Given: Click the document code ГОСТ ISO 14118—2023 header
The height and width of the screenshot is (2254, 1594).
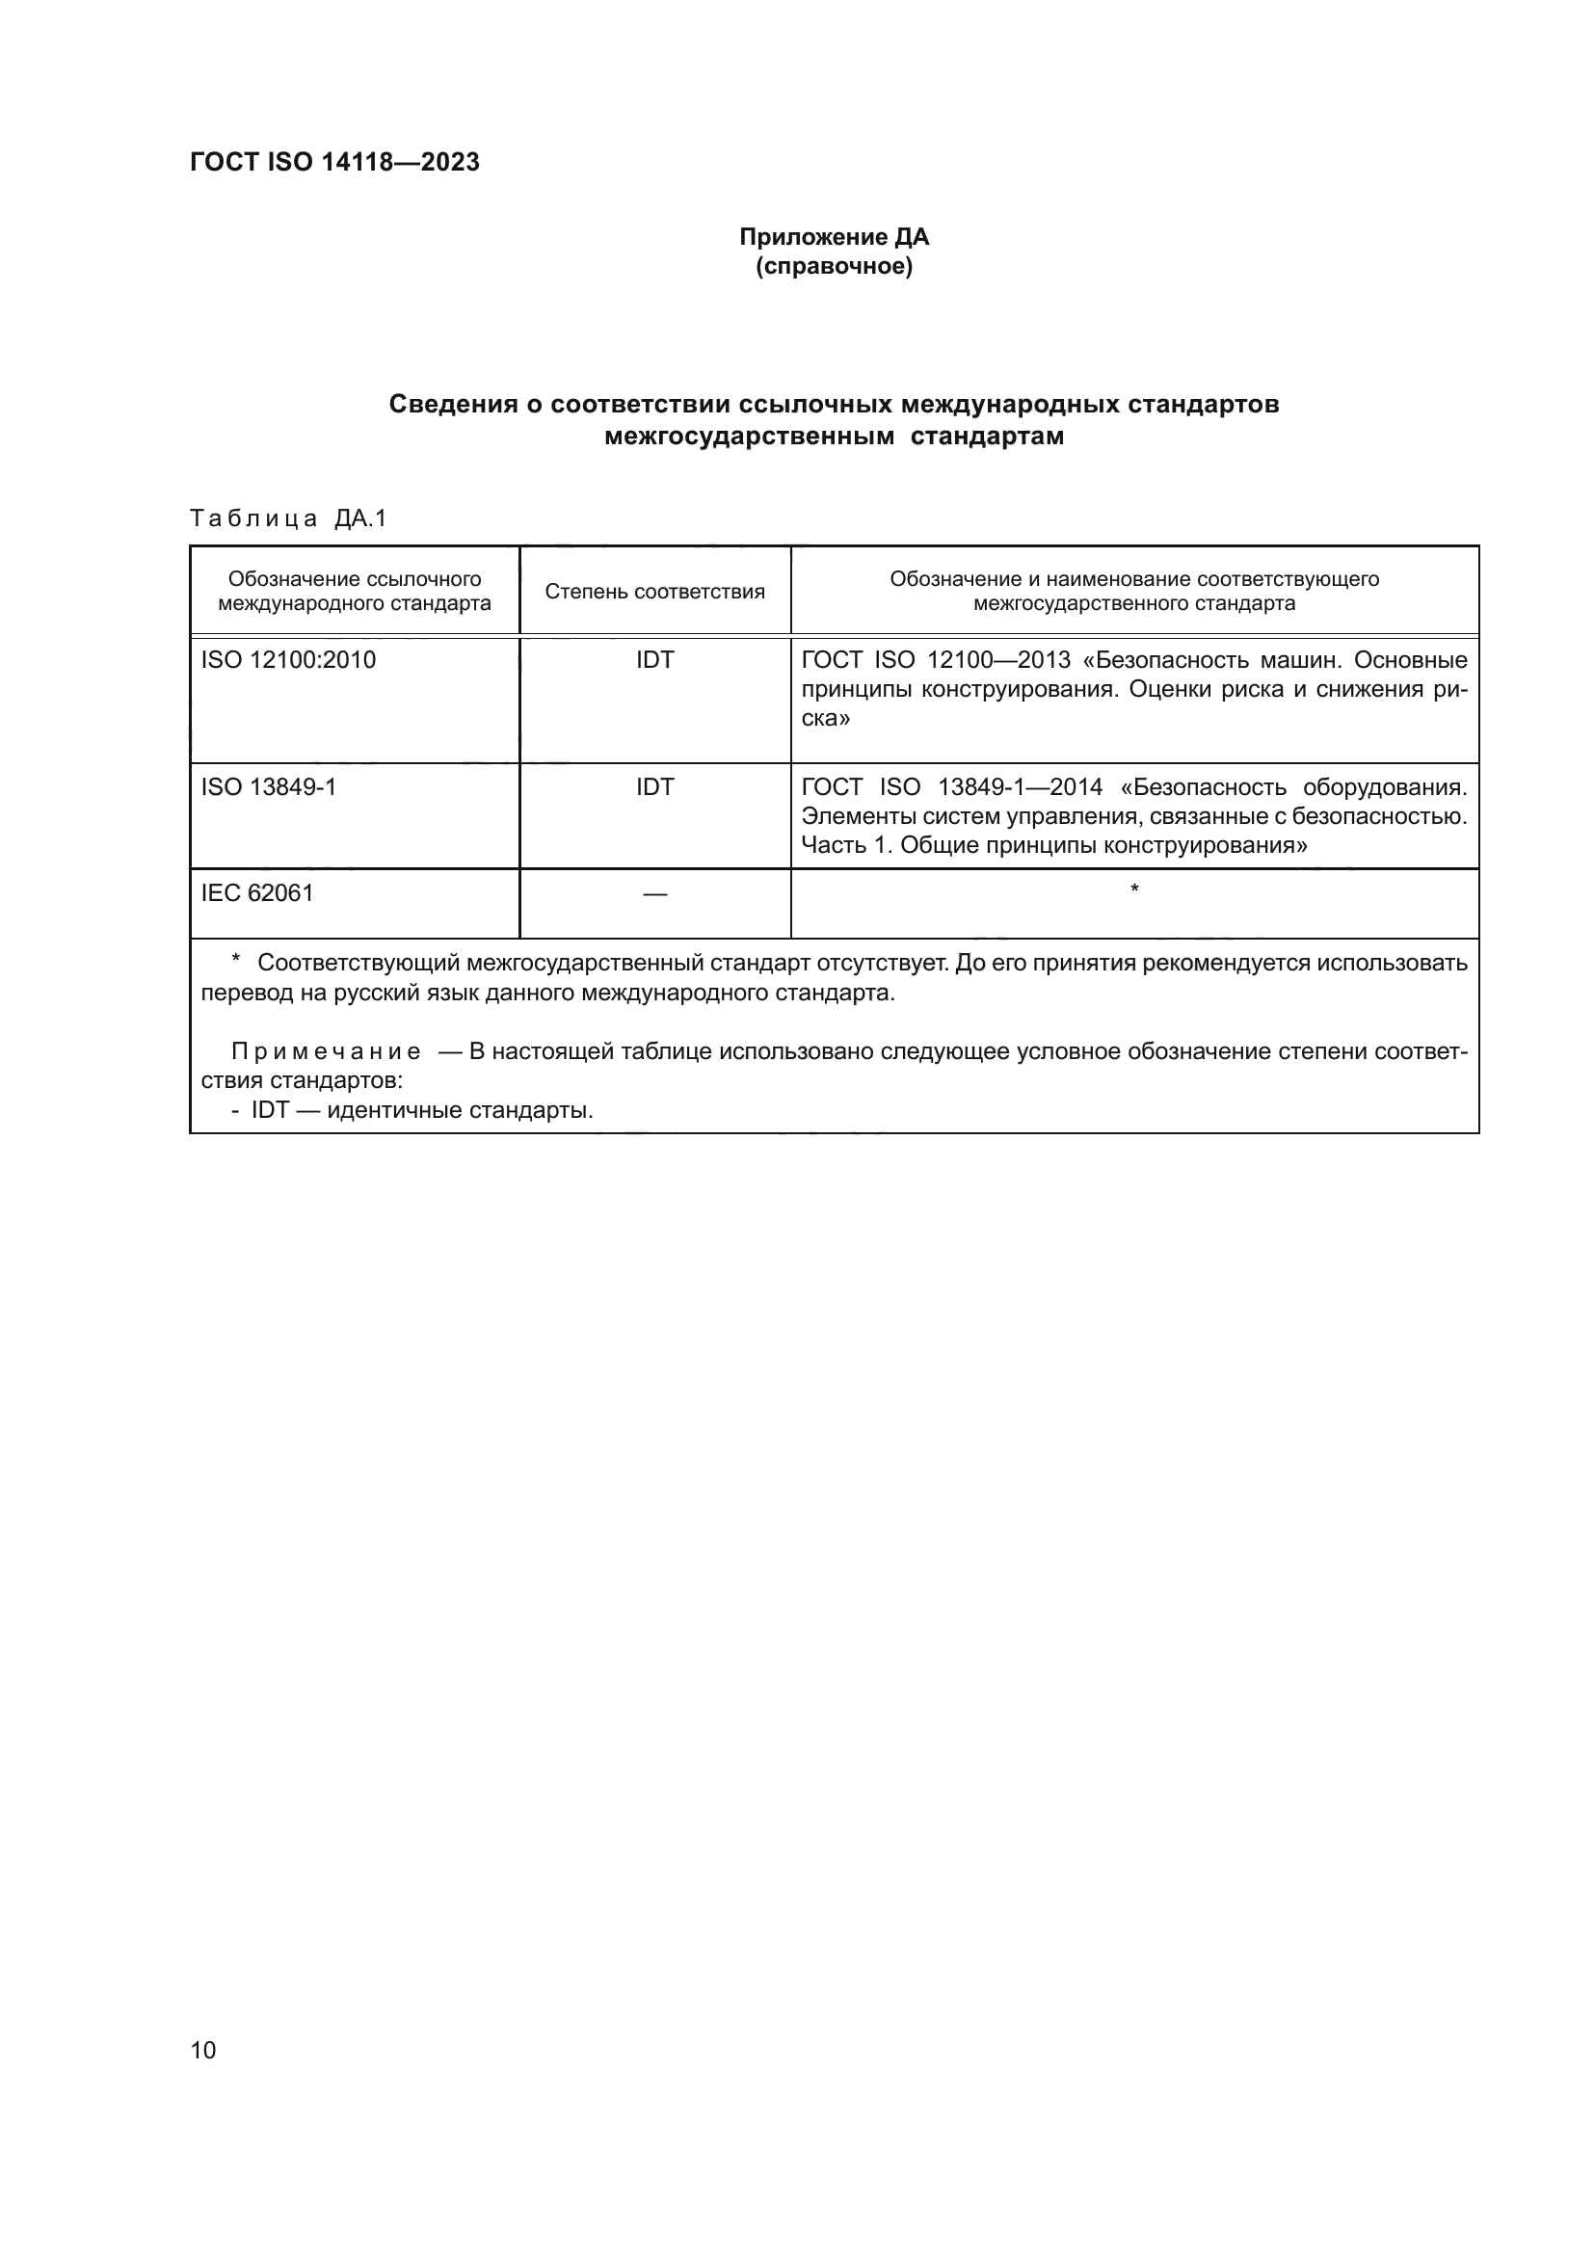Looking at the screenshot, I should [x=334, y=162].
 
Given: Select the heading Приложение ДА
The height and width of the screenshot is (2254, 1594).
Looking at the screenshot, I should [x=834, y=237].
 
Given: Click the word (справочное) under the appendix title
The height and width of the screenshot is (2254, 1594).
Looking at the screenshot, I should [x=834, y=267].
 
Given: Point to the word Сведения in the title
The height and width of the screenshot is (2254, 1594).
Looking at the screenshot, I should [x=454, y=404].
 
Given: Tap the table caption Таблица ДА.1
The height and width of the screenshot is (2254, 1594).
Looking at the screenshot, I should [x=287, y=518].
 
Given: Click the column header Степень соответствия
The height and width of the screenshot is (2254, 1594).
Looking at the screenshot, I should [x=654, y=591].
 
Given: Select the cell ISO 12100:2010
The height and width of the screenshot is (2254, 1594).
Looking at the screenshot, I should [x=288, y=660].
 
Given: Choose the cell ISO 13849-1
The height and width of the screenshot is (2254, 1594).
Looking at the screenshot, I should [x=269, y=787].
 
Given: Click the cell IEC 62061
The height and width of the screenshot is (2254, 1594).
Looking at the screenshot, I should [x=257, y=892].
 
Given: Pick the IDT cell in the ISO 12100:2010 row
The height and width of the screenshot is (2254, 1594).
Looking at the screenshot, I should [x=654, y=660].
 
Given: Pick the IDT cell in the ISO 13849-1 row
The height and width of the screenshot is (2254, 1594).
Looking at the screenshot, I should [x=654, y=787].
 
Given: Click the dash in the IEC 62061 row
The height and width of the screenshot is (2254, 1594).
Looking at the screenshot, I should [x=654, y=894].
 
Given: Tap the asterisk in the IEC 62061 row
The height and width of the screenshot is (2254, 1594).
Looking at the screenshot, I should [x=1134, y=889].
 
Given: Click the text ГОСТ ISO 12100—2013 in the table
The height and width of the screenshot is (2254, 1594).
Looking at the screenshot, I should [x=936, y=660].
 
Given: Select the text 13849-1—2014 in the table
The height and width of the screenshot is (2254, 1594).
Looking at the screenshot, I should [x=1020, y=787].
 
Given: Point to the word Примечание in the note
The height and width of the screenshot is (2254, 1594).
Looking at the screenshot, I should [x=326, y=1051].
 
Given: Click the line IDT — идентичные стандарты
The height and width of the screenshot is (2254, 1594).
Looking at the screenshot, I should [x=422, y=1110].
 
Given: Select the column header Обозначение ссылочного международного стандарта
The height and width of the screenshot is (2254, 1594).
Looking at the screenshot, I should [x=355, y=591].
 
